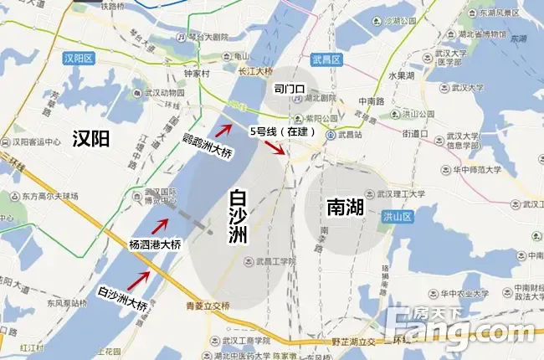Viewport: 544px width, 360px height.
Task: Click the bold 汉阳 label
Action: click(x=91, y=138)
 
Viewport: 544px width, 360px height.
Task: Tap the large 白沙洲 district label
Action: click(x=239, y=217)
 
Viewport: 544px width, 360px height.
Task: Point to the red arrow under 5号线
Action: click(x=275, y=148)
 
